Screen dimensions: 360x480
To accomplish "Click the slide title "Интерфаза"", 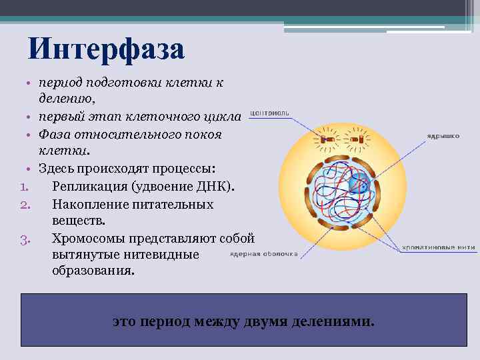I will coord(106,49).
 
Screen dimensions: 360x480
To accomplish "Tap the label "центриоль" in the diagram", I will coord(269,114).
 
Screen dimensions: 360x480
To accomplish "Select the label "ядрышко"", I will coord(443,135).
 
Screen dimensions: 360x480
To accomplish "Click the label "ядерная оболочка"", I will coord(264,254).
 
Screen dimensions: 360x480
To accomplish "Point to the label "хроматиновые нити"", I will coord(438,247).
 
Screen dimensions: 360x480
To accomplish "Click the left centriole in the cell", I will coord(327,140).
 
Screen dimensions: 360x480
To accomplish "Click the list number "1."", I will coord(26,186).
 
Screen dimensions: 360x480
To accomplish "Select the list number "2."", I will coord(26,204).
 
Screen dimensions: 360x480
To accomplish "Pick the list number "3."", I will coord(26,239).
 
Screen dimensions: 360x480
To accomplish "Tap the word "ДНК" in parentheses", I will coord(216,186).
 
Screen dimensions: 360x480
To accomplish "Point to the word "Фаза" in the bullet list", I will coord(54,134).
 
